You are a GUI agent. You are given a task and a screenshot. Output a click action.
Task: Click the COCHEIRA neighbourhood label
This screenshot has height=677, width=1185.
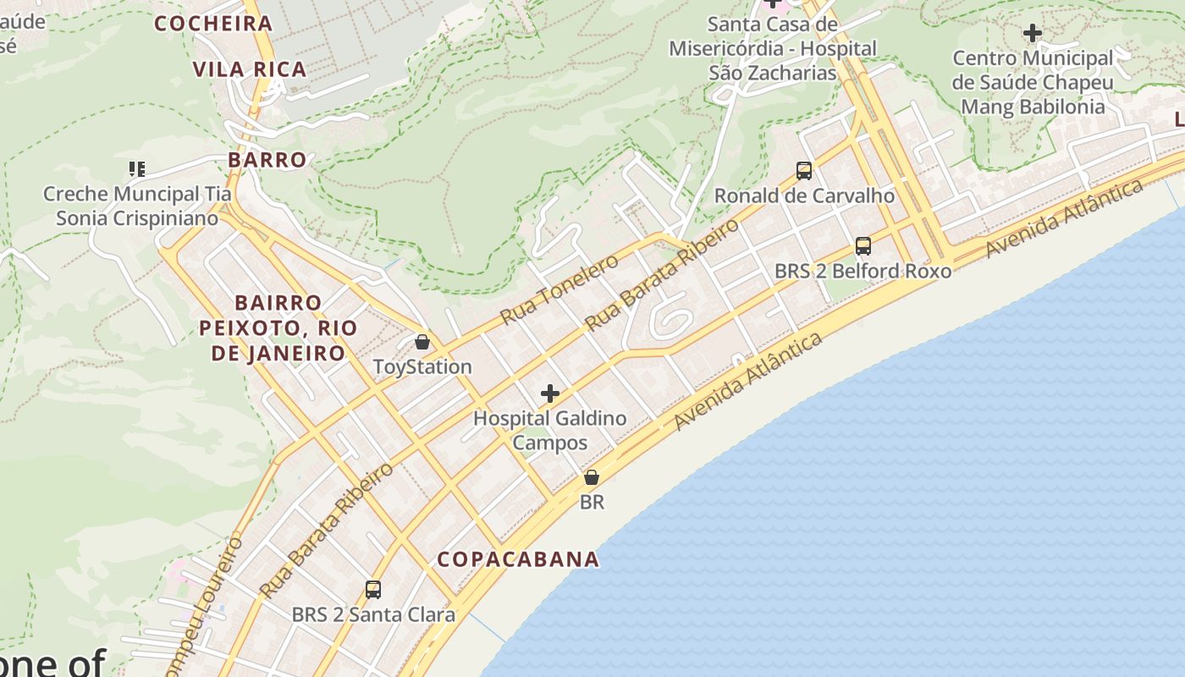coord(213,23)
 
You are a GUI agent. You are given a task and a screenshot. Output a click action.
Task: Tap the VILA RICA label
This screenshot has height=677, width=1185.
coord(250,69)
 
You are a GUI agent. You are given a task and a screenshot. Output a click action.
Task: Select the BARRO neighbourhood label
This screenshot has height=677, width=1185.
coord(267,159)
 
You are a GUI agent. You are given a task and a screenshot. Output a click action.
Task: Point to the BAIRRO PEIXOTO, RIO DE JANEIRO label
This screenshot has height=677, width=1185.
coord(278,327)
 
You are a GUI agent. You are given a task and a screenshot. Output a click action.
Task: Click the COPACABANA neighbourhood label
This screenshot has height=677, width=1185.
coord(518,559)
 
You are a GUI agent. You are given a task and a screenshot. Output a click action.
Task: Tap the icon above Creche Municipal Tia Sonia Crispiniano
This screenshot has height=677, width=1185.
coord(137,169)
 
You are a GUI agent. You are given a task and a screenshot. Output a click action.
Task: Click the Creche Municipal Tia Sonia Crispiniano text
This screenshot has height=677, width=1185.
coord(137,206)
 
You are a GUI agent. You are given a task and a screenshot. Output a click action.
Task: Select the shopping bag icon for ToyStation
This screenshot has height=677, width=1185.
coord(422,342)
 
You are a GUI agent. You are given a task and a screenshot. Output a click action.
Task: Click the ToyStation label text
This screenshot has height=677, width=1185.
coord(422,367)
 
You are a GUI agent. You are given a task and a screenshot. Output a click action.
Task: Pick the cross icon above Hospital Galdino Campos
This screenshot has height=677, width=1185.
coord(550,394)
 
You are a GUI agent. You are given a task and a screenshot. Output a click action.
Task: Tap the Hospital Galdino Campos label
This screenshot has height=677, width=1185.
coord(550,430)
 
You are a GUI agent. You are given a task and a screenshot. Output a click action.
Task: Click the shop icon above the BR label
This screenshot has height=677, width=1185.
coord(592,477)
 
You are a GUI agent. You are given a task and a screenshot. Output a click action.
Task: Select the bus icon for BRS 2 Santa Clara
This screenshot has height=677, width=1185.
coord(373,589)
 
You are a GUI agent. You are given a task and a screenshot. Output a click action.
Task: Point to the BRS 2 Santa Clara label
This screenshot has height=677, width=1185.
coord(373,614)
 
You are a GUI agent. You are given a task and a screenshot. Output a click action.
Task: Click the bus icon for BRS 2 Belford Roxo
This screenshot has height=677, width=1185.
coord(863,246)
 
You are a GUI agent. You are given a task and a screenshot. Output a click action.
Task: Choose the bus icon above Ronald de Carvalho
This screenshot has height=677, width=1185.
coord(804,171)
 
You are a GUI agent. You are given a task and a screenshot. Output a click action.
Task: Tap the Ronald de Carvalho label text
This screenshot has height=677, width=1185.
coord(804,196)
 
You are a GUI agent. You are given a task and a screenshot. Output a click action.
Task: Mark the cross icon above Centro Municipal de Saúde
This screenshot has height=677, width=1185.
coord(1033,34)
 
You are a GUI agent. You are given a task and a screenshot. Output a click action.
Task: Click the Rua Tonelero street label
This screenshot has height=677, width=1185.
coord(559,289)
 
